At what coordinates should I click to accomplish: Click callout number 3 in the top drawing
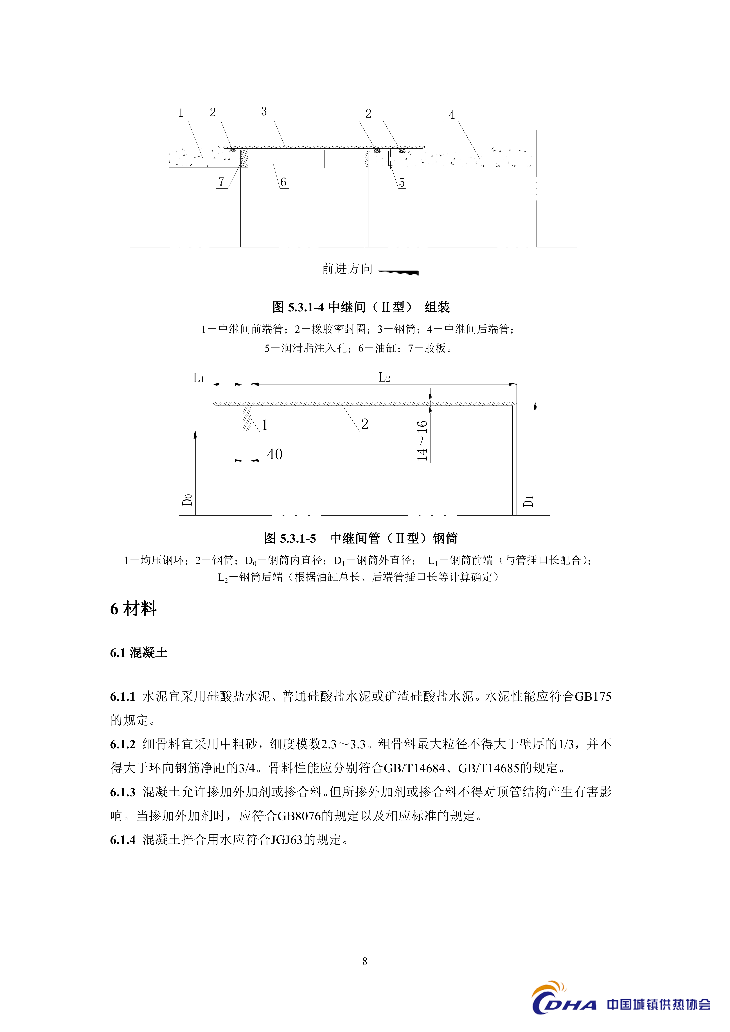[264, 111]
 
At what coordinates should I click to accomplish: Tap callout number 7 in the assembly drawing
[221, 182]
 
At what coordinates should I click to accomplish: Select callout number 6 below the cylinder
[283, 182]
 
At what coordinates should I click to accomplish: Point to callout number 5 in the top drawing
[402, 183]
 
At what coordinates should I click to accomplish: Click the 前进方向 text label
[347, 269]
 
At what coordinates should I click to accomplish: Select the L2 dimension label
[384, 378]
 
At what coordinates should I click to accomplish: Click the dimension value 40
[275, 454]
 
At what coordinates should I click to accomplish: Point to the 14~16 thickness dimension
[422, 441]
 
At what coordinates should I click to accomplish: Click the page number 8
[365, 961]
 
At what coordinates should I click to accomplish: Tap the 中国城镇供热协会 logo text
[659, 1004]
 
